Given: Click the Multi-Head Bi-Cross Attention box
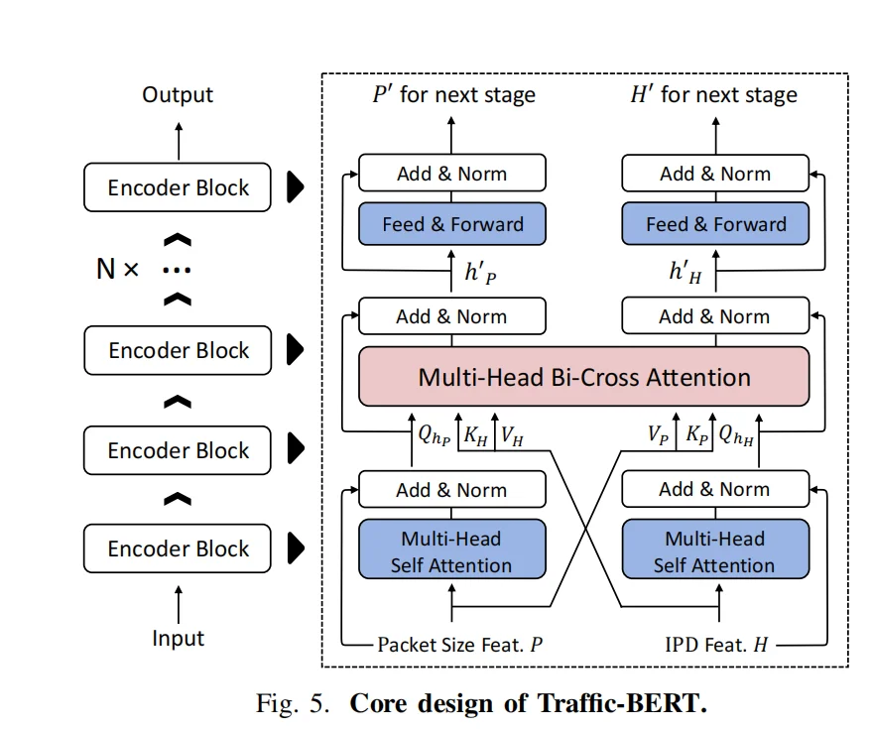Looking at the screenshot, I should coord(584,377).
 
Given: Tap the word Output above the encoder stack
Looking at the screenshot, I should coord(178,95).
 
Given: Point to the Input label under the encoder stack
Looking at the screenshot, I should coord(178,639).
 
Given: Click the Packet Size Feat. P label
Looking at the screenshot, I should coord(459,645).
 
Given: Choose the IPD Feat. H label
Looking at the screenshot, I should coord(716,645).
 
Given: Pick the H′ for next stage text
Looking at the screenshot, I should coord(713,95).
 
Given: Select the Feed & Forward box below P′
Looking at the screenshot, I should coord(452,224).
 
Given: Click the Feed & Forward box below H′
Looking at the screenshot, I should coord(715,224).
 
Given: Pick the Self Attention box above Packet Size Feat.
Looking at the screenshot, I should coord(451,552).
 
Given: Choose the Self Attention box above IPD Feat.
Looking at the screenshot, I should coord(714,552).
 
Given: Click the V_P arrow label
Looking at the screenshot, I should coord(659,433).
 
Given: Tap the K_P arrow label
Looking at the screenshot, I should coord(698,433).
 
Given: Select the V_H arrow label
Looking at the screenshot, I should coord(514,433).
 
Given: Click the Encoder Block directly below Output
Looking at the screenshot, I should coord(178,187).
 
